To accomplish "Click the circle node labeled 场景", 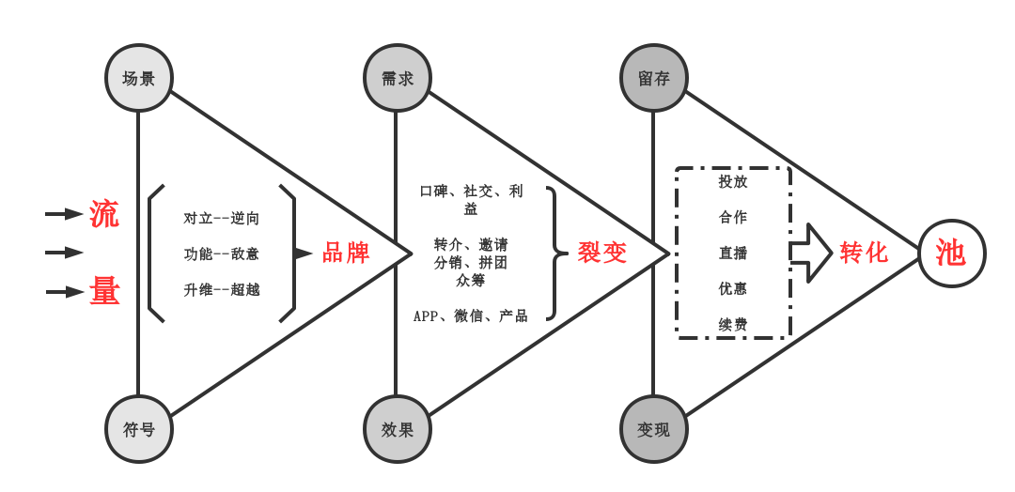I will click(138, 78).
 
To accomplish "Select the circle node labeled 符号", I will click(138, 429).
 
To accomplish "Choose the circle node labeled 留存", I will click(654, 78).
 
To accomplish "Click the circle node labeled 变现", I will click(654, 429).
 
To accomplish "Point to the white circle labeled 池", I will click(951, 253).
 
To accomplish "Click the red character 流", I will click(104, 214).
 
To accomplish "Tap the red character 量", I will click(104, 291).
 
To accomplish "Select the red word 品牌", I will click(346, 253).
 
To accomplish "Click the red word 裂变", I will click(602, 253).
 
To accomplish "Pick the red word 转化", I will click(864, 253).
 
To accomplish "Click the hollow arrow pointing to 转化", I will click(811, 253).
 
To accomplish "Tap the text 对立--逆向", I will click(222, 219).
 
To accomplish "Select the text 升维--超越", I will click(222, 289).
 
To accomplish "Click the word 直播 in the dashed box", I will click(733, 253).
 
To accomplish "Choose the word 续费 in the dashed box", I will click(733, 324).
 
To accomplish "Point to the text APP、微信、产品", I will click(471, 315).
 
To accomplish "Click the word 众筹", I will click(471, 280).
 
